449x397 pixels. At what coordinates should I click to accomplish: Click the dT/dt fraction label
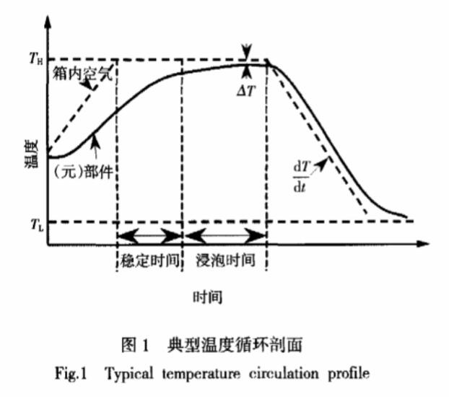click(x=302, y=177)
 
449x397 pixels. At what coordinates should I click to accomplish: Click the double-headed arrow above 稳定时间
click(x=150, y=236)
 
